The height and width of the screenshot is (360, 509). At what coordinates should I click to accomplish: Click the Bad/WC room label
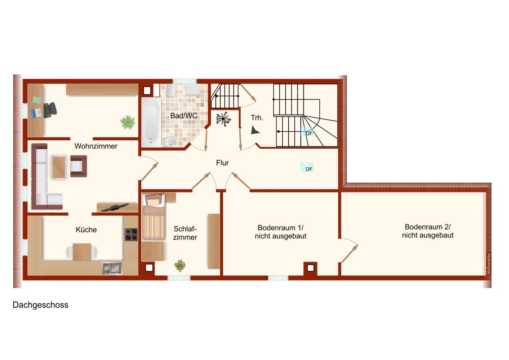tap(184, 116)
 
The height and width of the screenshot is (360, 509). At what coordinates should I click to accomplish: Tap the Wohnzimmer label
tap(96, 146)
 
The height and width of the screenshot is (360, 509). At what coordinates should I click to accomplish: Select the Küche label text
tap(86, 230)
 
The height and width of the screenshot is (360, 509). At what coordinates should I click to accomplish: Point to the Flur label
tap(222, 163)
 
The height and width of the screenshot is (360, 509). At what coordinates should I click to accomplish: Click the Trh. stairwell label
tap(257, 118)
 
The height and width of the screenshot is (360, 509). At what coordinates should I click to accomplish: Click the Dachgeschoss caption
tap(41, 305)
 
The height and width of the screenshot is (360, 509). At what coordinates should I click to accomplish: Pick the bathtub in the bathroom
tap(151, 122)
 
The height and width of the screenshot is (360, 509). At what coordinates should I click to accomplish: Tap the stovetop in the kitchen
tap(131, 234)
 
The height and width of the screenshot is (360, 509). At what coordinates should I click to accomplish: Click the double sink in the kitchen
tap(112, 269)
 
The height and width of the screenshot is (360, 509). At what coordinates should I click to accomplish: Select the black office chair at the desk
tap(50, 110)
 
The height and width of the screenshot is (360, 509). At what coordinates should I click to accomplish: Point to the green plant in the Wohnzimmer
tap(128, 122)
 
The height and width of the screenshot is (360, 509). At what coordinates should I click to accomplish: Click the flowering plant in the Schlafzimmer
tap(180, 265)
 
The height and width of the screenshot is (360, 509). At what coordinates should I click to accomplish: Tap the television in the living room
tap(115, 207)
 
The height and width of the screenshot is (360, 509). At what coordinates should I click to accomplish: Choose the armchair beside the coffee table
tap(79, 166)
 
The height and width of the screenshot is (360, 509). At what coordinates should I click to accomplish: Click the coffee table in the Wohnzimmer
tap(59, 167)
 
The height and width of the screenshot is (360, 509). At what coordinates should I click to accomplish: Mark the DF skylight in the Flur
tap(307, 167)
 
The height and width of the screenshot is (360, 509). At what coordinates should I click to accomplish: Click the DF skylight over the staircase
tap(307, 132)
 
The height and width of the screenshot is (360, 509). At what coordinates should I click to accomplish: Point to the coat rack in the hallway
tap(223, 119)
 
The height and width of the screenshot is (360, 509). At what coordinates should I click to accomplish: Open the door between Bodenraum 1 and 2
tap(350, 254)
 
